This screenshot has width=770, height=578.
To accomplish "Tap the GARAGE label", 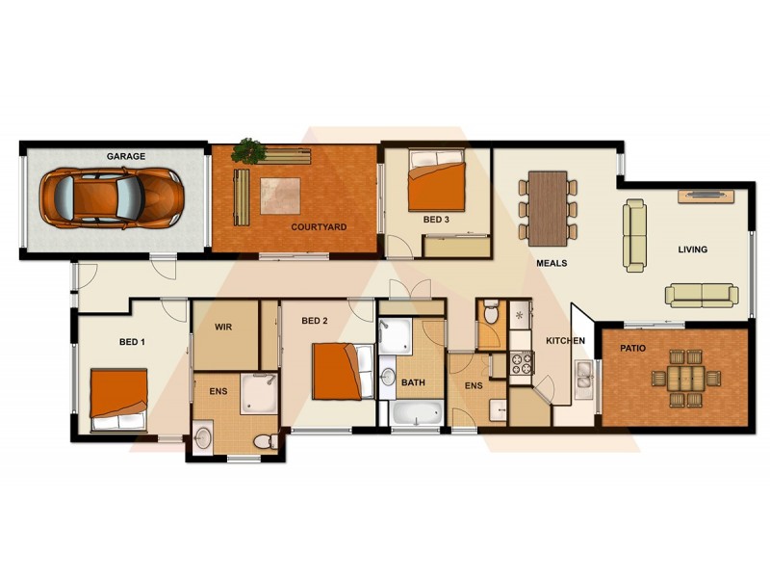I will [x=125, y=155].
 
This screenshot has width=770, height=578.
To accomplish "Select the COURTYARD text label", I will [x=319, y=227].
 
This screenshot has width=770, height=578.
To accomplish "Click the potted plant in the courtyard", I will [x=249, y=149].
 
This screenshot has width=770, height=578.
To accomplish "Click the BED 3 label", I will [x=436, y=220].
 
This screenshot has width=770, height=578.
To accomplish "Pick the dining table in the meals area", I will [x=549, y=204].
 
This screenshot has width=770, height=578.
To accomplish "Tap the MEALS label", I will [x=552, y=263].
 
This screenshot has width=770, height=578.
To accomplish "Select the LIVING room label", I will [x=692, y=250].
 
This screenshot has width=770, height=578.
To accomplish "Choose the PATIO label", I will [x=632, y=347].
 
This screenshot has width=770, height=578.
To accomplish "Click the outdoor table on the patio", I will [x=687, y=377].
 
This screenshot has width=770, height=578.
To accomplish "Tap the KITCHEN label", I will [x=566, y=341].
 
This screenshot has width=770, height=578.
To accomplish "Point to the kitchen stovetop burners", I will [x=521, y=363].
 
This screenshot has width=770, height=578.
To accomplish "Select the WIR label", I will [x=225, y=328].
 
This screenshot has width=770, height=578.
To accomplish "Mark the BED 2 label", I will [x=316, y=321].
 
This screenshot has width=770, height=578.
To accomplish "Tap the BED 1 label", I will [x=133, y=342].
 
